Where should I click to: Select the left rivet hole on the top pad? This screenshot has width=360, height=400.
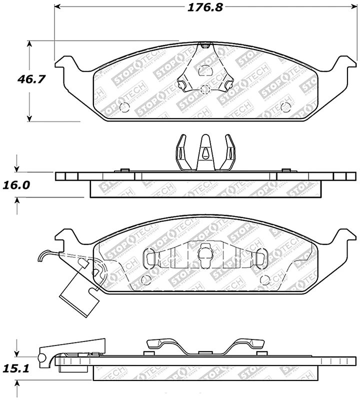[x=125, y=107]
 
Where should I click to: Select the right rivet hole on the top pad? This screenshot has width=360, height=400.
[x=285, y=106]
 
